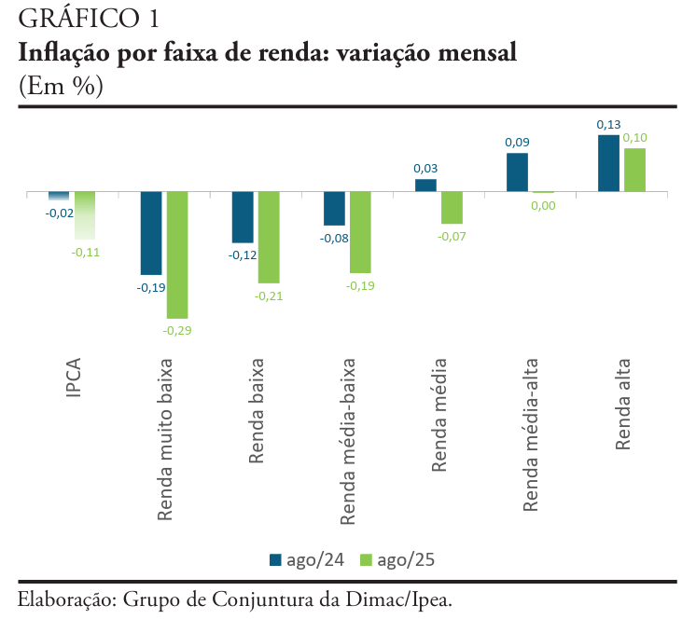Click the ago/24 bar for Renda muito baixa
[x=151, y=232]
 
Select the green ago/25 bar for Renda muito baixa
[x=177, y=254]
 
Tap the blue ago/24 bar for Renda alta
[x=608, y=163]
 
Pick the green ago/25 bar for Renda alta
[x=634, y=170]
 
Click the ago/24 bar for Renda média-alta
[x=517, y=172]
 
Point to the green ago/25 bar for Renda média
[x=452, y=208]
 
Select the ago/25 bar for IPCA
[x=86, y=215]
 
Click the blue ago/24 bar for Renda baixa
[x=243, y=217]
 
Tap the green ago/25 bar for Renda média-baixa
[x=360, y=232]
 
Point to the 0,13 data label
[x=608, y=124]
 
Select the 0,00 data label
[x=543, y=206]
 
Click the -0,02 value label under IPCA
[x=60, y=213]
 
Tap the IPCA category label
[x=74, y=376]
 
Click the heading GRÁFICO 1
[x=75, y=19]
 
